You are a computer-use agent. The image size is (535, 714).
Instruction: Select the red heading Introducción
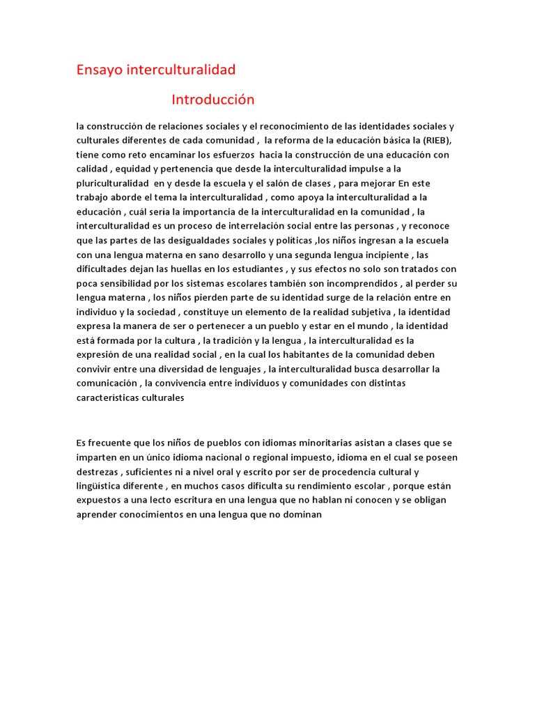tap(213, 100)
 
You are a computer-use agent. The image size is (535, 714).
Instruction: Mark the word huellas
tap(203, 269)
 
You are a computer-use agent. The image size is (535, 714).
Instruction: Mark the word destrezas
tap(98, 471)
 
